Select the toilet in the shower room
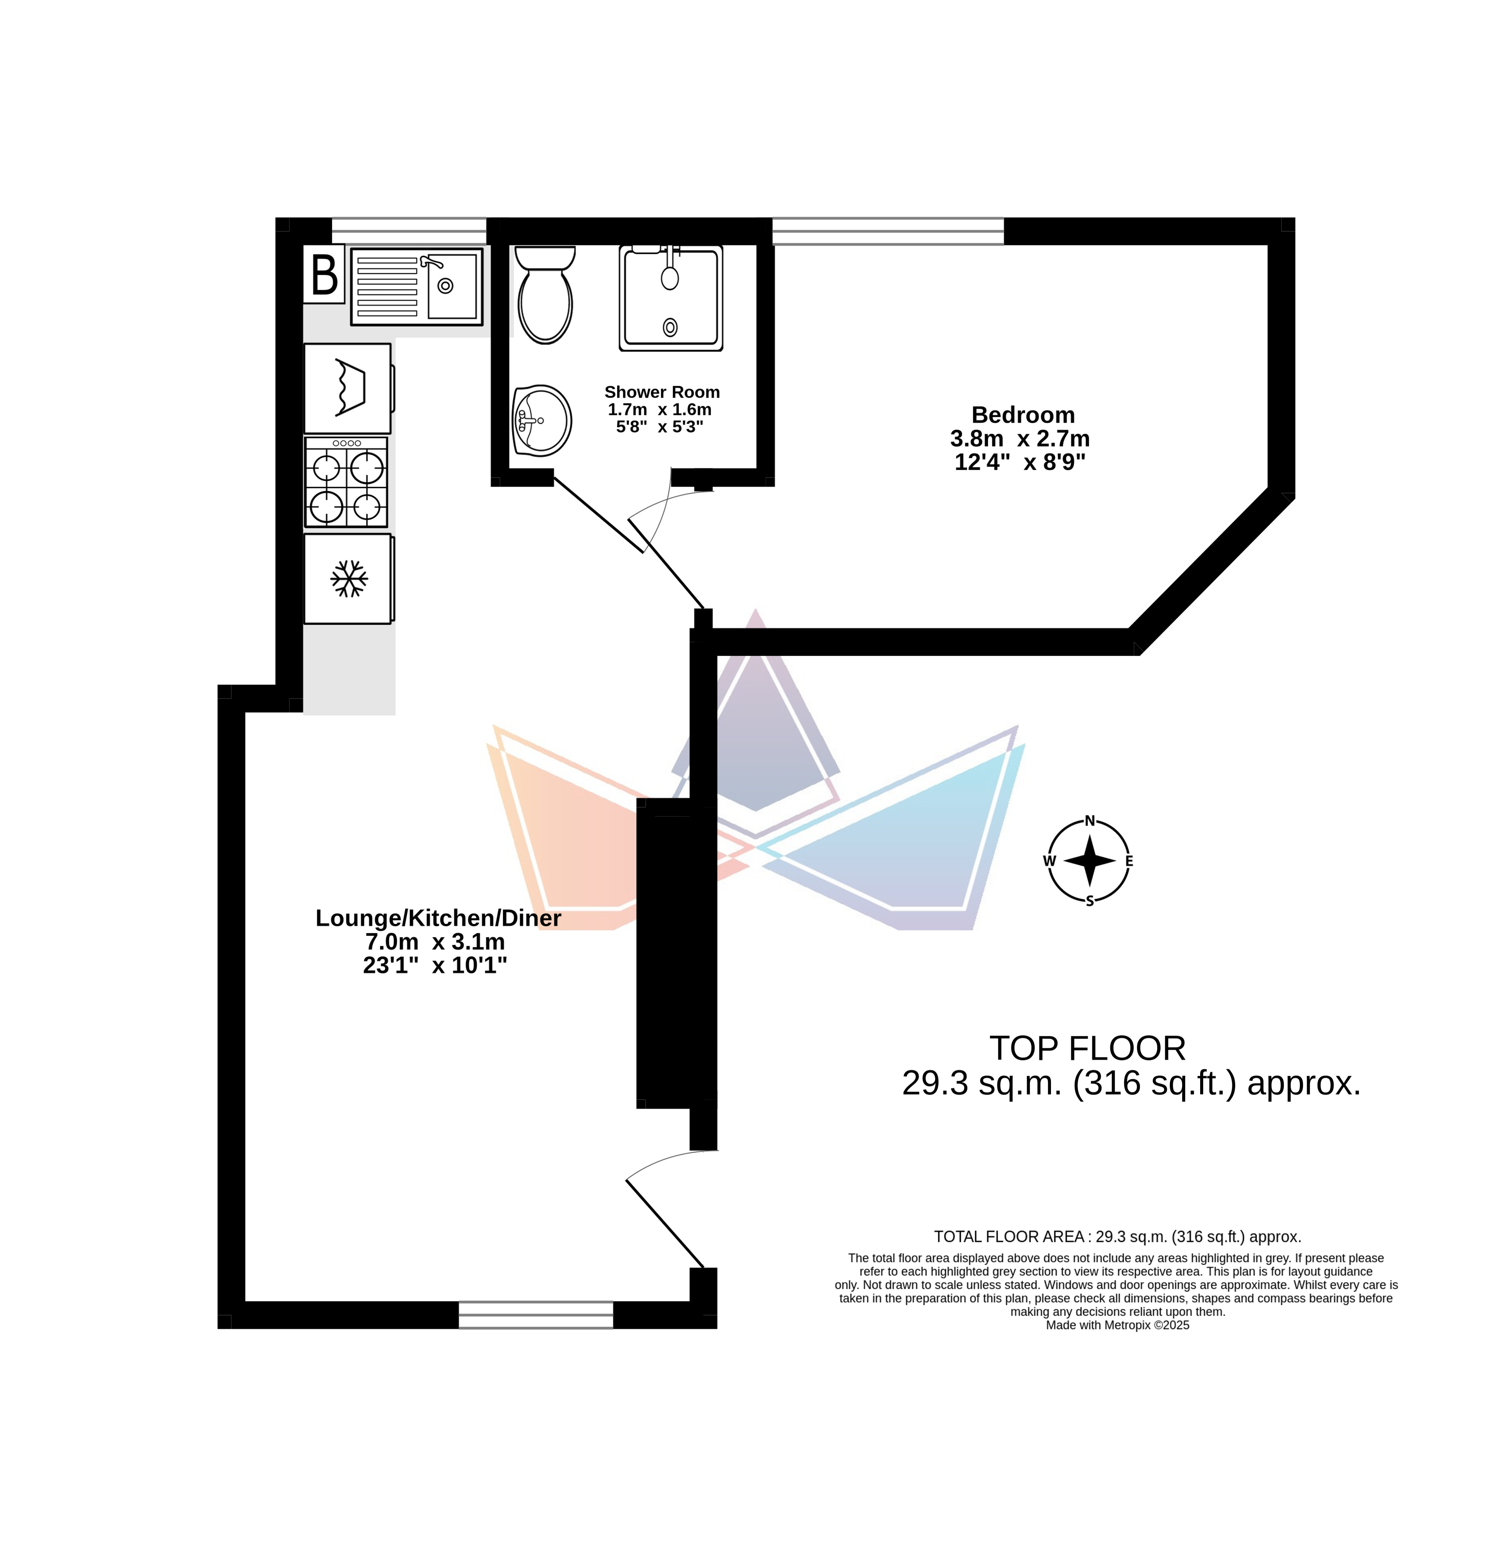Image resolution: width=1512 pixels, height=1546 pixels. pyautogui.click(x=545, y=294)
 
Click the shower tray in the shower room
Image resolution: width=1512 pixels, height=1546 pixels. pyautogui.click(x=671, y=298)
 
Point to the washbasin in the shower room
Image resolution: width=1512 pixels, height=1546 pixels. pyautogui.click(x=542, y=421)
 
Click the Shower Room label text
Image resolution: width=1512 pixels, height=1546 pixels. pyautogui.click(x=662, y=392)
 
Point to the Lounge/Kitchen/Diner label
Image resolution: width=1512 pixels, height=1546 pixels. pyautogui.click(x=438, y=918)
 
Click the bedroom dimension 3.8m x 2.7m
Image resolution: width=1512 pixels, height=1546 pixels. pyautogui.click(x=1020, y=438)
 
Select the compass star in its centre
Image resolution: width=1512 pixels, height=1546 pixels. pyautogui.click(x=1090, y=861)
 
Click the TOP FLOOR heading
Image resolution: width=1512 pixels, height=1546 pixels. pyautogui.click(x=1088, y=1049)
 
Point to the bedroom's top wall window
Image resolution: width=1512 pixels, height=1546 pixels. pyautogui.click(x=888, y=231)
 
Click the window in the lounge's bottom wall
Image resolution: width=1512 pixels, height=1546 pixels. pyautogui.click(x=536, y=1315)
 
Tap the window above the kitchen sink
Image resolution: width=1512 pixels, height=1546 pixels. pyautogui.click(x=409, y=231)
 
